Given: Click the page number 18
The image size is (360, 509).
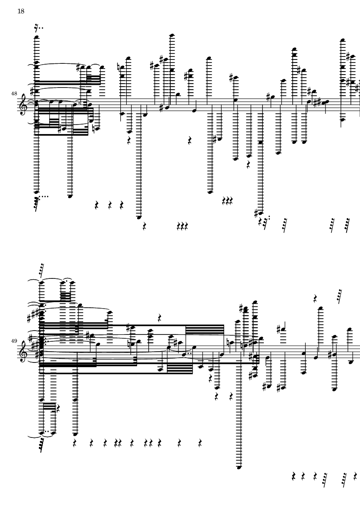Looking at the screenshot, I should [21, 12].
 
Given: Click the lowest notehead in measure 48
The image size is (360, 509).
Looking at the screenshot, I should [139, 218].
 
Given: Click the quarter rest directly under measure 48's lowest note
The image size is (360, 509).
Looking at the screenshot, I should [144, 225].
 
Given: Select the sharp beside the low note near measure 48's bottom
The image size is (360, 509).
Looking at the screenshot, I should [257, 212].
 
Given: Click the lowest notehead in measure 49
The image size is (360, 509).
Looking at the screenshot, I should [239, 467].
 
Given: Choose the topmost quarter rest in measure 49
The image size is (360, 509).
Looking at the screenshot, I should [316, 298].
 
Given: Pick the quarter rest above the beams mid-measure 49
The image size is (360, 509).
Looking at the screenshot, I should [160, 318].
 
